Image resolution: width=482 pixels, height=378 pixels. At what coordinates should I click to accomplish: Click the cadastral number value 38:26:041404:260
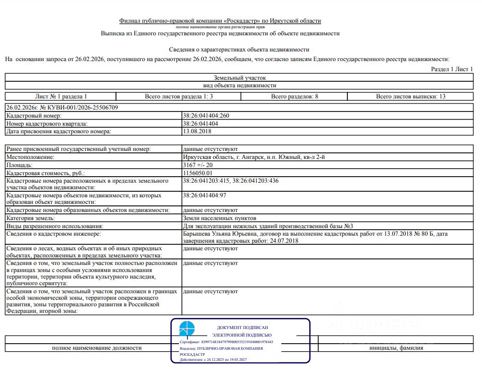206,116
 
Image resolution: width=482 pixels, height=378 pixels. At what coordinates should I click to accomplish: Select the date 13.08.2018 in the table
197,131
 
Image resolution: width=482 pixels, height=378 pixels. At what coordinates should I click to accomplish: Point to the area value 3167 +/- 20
199,165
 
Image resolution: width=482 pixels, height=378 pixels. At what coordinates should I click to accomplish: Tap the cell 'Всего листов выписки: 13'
410,96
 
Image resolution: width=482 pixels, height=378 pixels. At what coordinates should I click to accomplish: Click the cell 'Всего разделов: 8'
294,96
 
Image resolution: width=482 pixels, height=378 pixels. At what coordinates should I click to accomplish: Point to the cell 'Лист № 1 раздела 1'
61,96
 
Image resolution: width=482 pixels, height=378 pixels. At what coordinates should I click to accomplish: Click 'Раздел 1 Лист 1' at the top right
452,69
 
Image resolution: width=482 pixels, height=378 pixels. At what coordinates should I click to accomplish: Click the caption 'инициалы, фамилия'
396,348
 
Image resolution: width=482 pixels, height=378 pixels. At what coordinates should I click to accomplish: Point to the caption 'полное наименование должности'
97,348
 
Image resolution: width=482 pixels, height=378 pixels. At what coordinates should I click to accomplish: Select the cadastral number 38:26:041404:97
204,195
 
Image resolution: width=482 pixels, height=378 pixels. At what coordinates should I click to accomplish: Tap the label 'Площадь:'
19,165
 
